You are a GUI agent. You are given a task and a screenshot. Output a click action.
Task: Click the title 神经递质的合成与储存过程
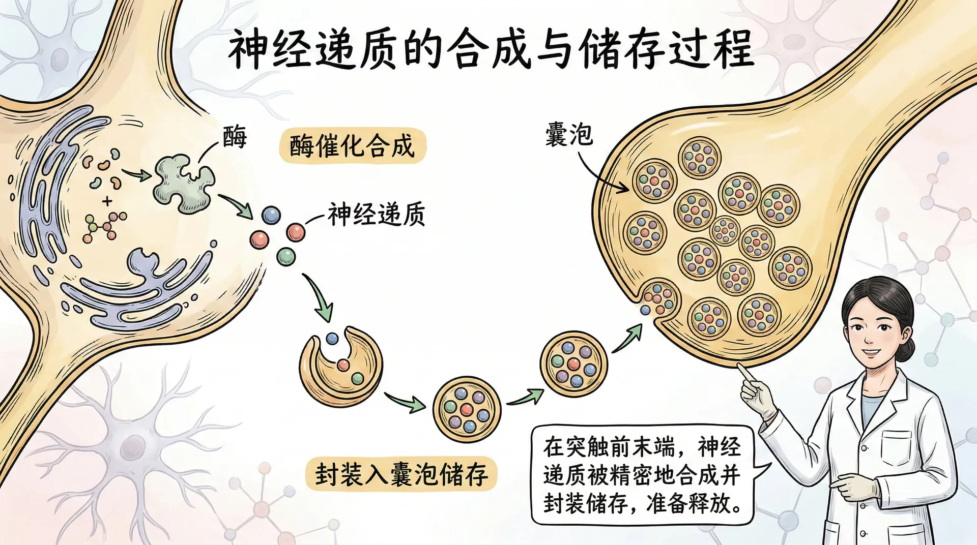[491, 49]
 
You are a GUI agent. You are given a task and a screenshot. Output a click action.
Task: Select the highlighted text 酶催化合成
[352, 146]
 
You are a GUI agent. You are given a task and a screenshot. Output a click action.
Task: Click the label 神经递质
[377, 214]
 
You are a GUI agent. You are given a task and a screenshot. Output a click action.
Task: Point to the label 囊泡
[569, 135]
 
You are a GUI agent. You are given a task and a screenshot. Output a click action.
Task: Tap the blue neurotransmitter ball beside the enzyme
[271, 215]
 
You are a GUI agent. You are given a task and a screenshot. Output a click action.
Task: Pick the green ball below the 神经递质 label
[286, 256]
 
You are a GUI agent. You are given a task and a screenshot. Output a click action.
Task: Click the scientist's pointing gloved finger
[745, 373]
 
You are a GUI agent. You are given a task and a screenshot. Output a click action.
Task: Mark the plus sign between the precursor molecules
[107, 201]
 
